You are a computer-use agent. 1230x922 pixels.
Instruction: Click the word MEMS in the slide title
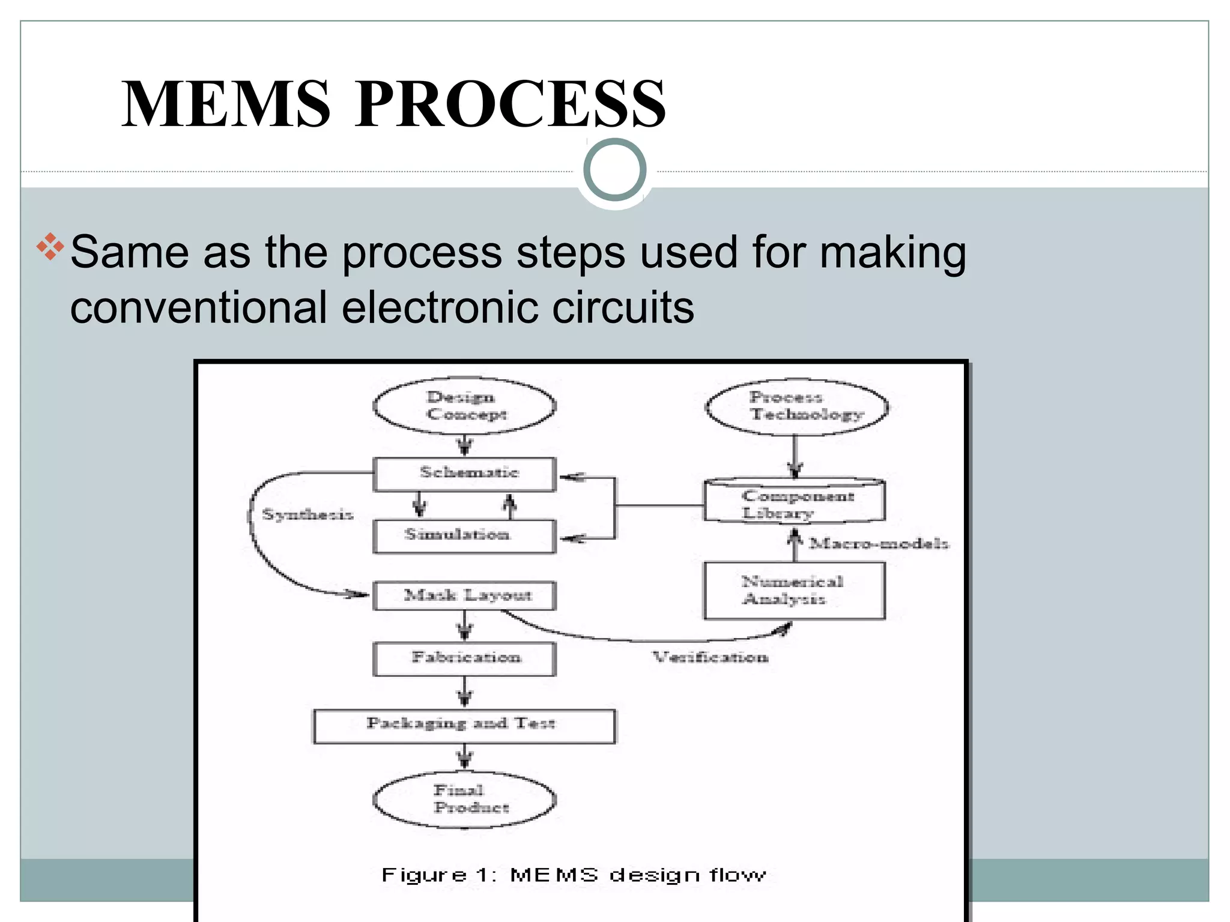click(226, 104)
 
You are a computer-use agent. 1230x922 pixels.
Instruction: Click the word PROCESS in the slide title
click(510, 104)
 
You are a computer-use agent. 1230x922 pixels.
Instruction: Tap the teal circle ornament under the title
click(614, 170)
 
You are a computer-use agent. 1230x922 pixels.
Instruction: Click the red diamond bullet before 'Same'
click(50, 247)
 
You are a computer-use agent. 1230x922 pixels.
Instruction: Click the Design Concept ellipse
click(464, 406)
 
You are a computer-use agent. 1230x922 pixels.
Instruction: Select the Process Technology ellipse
click(796, 406)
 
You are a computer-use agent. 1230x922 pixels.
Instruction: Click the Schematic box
click(464, 474)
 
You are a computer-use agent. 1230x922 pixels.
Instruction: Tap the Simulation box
click(464, 535)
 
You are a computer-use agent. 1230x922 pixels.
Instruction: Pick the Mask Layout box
click(464, 595)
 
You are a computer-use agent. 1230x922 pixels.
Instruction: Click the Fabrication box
click(464, 658)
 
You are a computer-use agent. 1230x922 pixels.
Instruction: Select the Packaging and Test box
click(464, 726)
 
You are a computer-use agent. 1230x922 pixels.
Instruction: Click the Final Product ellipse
click(464, 800)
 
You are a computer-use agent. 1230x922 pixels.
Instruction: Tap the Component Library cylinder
click(794, 503)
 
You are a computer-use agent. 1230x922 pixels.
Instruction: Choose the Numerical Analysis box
click(794, 591)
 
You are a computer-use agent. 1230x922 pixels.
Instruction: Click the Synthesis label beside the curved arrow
click(307, 514)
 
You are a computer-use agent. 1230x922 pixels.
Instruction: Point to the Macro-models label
click(879, 544)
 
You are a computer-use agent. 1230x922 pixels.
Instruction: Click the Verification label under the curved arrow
click(710, 657)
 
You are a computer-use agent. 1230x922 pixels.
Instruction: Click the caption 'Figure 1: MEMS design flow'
click(574, 875)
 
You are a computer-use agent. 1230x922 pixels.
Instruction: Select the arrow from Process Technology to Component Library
click(795, 456)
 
